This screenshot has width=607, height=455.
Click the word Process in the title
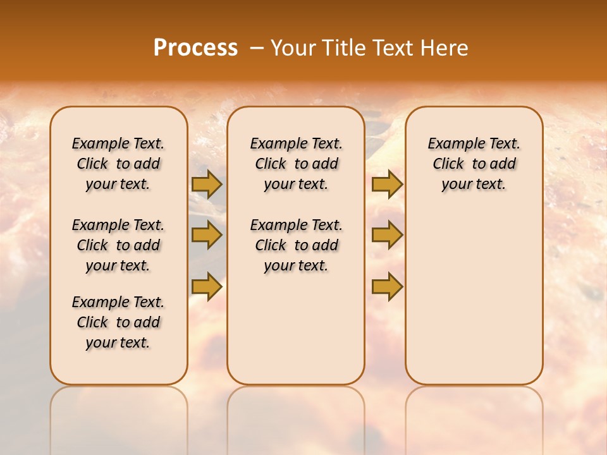click(195, 48)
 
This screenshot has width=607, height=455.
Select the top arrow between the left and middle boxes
click(207, 185)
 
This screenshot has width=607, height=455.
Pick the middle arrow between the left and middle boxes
click(207, 236)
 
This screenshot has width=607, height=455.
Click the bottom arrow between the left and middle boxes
click(207, 286)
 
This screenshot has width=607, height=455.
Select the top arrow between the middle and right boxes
click(387, 185)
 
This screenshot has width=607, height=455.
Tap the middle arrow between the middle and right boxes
click(387, 236)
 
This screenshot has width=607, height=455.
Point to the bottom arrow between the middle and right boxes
click(387, 286)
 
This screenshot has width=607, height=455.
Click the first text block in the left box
click(118, 164)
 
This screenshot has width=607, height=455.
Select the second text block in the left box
click(118, 245)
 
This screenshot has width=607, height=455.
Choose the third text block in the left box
click(118, 322)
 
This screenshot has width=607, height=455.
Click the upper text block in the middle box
click(296, 164)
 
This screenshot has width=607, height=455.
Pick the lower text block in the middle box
click(296, 245)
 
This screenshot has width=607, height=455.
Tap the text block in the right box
click(474, 164)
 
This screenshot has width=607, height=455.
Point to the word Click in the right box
click(448, 164)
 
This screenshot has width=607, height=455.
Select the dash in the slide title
click(257, 48)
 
